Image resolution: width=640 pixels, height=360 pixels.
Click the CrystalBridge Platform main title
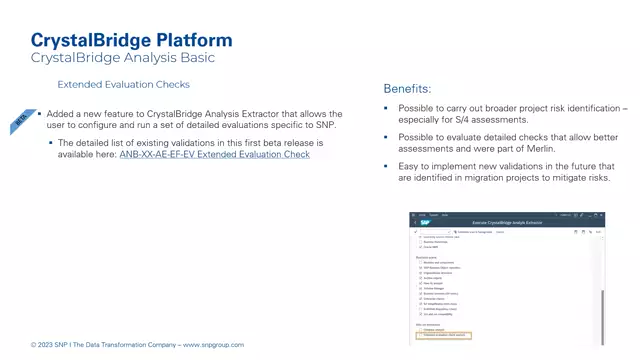point(131,40)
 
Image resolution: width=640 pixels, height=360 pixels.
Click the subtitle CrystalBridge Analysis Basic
point(123,58)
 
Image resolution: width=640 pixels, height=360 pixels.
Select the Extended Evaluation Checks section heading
point(123,86)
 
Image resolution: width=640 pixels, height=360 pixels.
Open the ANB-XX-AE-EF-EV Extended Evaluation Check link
point(214,154)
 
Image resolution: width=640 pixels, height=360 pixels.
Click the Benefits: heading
point(407,88)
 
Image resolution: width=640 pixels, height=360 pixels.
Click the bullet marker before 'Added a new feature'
point(39,114)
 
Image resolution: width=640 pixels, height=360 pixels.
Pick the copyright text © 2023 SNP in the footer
point(52,345)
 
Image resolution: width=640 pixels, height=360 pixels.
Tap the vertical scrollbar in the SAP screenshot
point(602,300)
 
